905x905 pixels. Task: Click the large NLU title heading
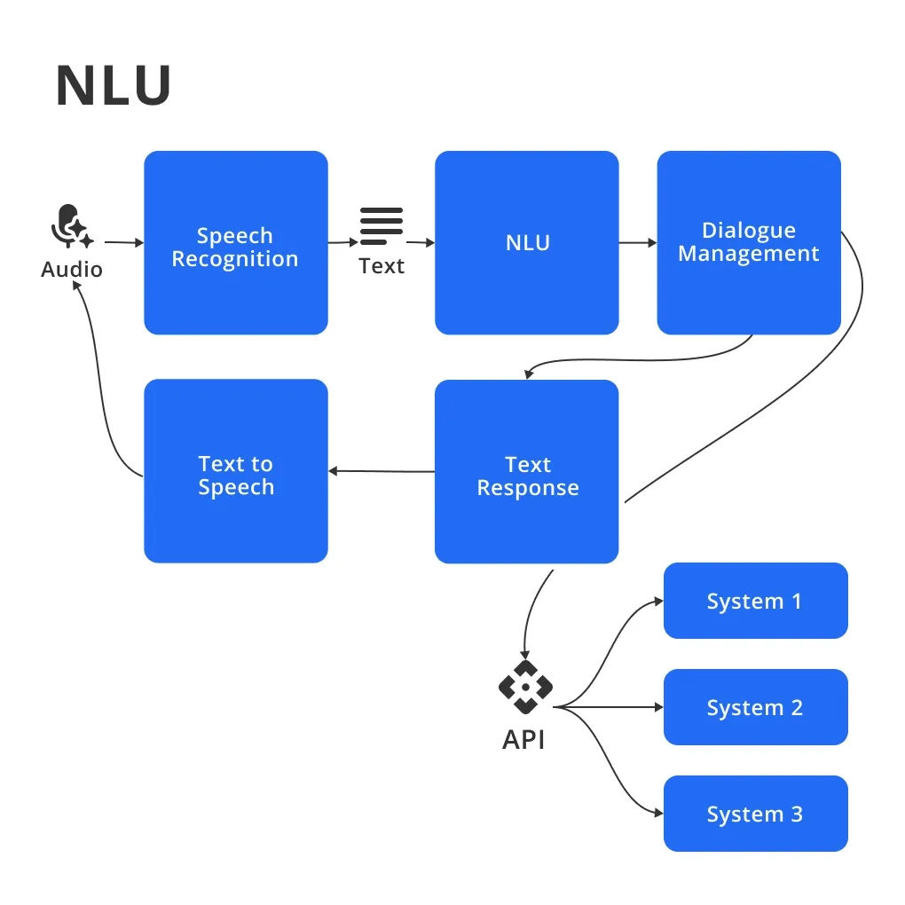tap(113, 86)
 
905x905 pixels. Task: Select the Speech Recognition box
tap(235, 243)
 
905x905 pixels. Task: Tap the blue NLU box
tap(526, 243)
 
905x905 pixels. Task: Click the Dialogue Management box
tap(748, 242)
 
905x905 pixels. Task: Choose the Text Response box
tap(526, 471)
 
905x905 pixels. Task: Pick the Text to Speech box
tap(235, 471)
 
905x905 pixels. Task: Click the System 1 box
tap(755, 601)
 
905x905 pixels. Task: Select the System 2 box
tap(755, 707)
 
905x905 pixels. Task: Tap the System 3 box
tap(755, 814)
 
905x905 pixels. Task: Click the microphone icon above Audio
tap(69, 227)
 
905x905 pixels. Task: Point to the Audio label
tap(72, 269)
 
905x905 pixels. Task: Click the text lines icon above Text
tap(382, 225)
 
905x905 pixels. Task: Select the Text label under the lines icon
tap(382, 266)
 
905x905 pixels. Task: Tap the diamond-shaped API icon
tap(525, 687)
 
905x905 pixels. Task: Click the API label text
tap(523, 739)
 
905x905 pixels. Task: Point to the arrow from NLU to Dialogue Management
tap(637, 242)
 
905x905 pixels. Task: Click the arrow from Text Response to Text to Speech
tap(382, 471)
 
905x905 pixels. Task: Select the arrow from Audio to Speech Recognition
tap(123, 242)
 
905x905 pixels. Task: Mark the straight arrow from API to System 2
tap(612, 707)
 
